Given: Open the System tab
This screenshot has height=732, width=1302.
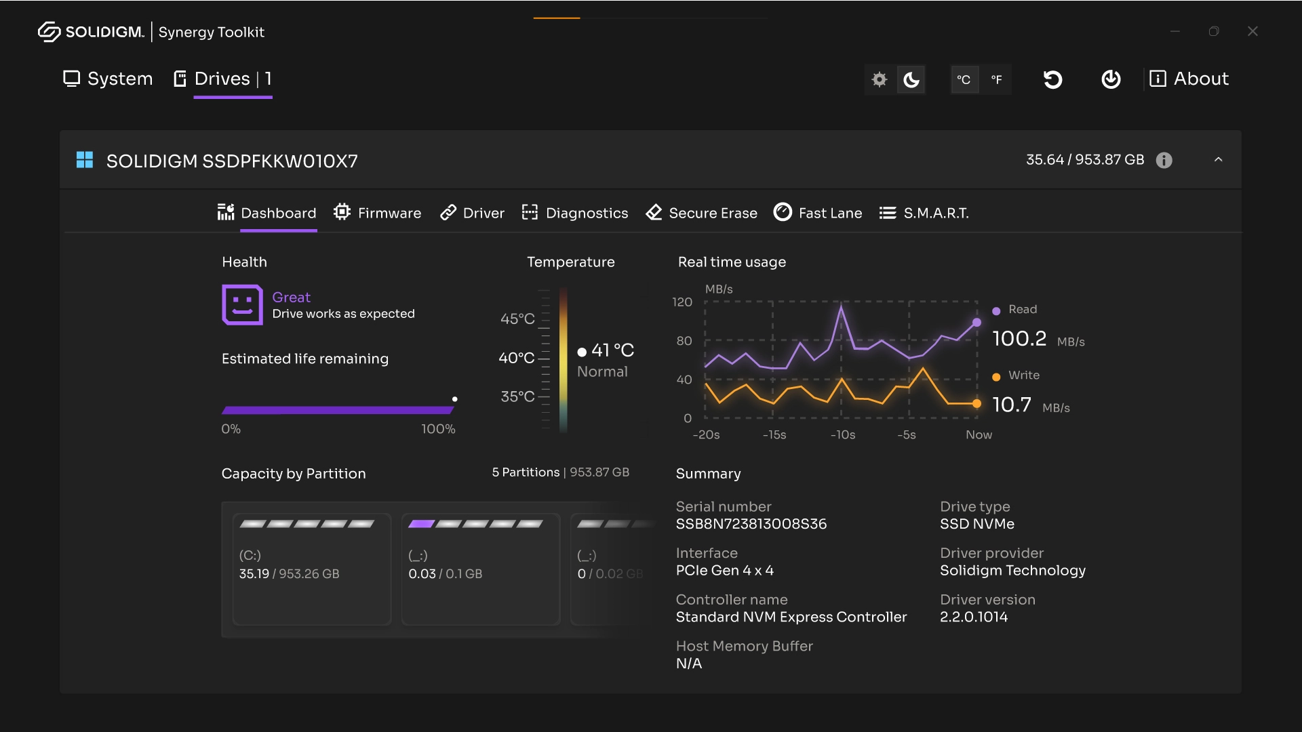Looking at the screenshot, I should pos(108,79).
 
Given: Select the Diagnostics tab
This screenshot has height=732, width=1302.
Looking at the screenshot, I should pos(575,213).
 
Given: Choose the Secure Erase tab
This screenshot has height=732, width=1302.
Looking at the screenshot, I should pos(701,213).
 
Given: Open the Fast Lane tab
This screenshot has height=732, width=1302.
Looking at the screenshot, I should pos(818,213).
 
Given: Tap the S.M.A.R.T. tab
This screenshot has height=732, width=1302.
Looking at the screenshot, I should pos(924,213).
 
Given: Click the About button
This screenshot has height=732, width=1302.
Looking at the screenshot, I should pos(1189,79).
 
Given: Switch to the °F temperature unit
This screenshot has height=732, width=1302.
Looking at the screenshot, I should pos(996,79).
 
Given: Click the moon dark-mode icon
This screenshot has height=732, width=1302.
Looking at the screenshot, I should pos(911,79).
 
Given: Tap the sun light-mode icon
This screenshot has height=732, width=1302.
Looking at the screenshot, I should pos(880,79).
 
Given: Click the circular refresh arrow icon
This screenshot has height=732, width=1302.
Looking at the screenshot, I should pos(1052,79).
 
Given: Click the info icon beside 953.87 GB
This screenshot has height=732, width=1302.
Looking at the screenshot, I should pos(1164,160).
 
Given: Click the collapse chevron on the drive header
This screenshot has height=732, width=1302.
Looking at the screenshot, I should pos(1218,160).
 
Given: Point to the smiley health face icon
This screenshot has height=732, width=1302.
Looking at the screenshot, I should pos(242,304).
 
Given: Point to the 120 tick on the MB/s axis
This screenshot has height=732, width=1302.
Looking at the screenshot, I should pos(682,302).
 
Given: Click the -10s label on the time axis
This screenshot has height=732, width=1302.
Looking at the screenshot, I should pos(843,435).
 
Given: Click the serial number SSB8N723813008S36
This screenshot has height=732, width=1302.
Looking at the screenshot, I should pos(751,524).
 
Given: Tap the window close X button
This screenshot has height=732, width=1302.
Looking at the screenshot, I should pos(1252,31).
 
